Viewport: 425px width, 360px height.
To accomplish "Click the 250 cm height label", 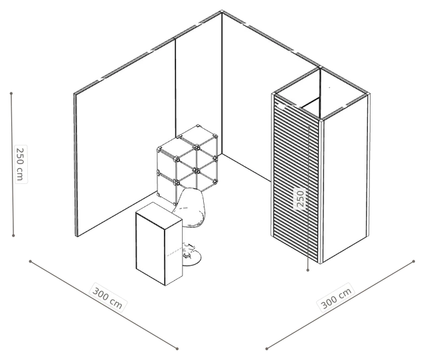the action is (x=21, y=164).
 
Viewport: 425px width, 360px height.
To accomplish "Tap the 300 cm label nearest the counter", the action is (x=108, y=298).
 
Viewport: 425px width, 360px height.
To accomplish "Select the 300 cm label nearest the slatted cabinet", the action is (x=336, y=298).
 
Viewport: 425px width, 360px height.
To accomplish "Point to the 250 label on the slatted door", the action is (x=300, y=199).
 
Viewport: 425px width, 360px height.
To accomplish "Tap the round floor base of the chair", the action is (x=192, y=258).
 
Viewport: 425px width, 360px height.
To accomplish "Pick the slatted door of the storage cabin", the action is (x=297, y=179).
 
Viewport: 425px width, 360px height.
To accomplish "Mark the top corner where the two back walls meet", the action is (x=222, y=12).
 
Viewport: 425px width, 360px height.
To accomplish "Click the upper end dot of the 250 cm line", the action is (x=11, y=94).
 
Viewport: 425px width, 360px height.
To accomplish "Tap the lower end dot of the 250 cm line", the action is (x=13, y=236).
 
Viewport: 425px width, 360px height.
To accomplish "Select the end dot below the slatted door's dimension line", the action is (x=308, y=270).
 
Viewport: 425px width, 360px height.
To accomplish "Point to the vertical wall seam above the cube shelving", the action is (x=175, y=87).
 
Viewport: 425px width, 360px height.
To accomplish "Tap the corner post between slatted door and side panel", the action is (x=321, y=191).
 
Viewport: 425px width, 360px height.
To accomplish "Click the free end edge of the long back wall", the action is (x=76, y=165).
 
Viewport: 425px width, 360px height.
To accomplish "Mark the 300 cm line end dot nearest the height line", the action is (x=31, y=261).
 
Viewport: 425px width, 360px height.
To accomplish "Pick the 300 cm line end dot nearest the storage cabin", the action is (x=414, y=261).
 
